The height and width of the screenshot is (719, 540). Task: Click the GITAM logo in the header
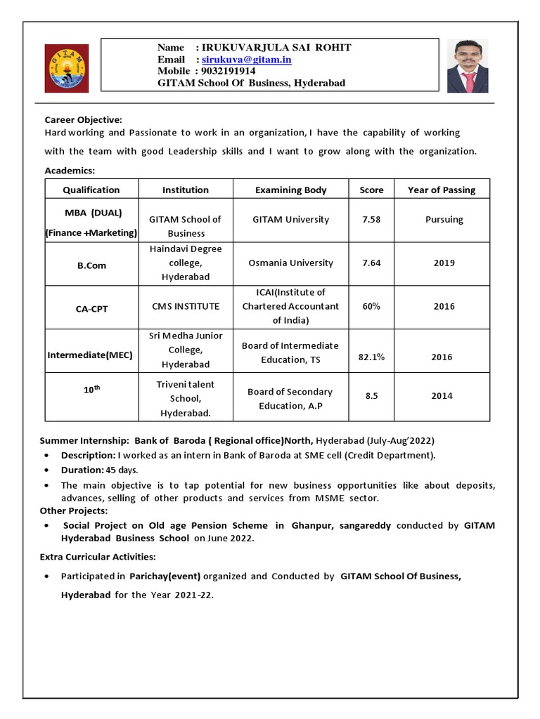coord(67,68)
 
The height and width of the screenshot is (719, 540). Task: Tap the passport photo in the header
coord(468,66)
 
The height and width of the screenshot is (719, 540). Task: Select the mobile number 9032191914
coord(229,71)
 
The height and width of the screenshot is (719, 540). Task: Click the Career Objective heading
coord(84,119)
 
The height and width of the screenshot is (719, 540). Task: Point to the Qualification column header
coord(91,190)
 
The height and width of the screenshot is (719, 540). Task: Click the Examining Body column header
coord(290,190)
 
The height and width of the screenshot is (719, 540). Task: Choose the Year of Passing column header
coord(442,190)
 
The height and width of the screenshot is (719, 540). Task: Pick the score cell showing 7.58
coord(371,220)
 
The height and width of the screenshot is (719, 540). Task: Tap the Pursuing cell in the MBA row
coord(444,220)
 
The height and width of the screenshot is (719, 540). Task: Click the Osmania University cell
coord(290,263)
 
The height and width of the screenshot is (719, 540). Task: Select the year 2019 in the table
coord(444,263)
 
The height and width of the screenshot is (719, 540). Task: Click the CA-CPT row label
coord(92,308)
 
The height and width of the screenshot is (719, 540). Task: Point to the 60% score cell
coord(371,307)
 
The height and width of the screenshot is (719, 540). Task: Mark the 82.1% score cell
coord(371,357)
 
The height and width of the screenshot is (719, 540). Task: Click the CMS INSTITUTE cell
coord(186,307)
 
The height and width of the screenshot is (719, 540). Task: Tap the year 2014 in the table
coord(442,396)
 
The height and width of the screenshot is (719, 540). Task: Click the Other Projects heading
coord(74,510)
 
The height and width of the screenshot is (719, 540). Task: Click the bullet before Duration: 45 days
coord(46,470)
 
